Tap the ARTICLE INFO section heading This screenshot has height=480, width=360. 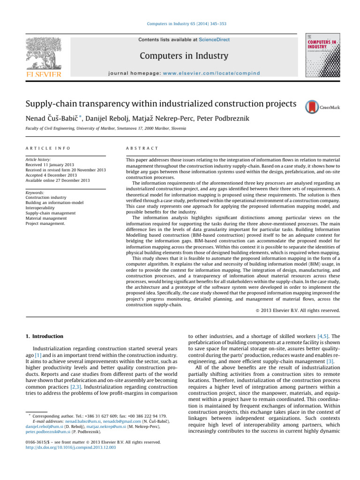tap(48, 148)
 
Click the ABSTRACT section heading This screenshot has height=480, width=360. tap(140, 148)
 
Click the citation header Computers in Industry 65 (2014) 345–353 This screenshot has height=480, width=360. tap(180, 23)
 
